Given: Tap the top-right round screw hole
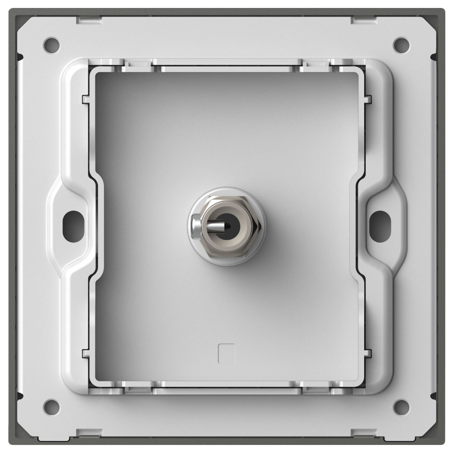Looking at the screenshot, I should [401, 43].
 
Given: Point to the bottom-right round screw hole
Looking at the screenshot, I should [401, 406].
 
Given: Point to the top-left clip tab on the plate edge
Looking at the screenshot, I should [90, 19].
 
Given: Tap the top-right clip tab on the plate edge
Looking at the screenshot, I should [363, 19].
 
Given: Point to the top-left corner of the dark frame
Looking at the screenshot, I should [13, 12].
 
